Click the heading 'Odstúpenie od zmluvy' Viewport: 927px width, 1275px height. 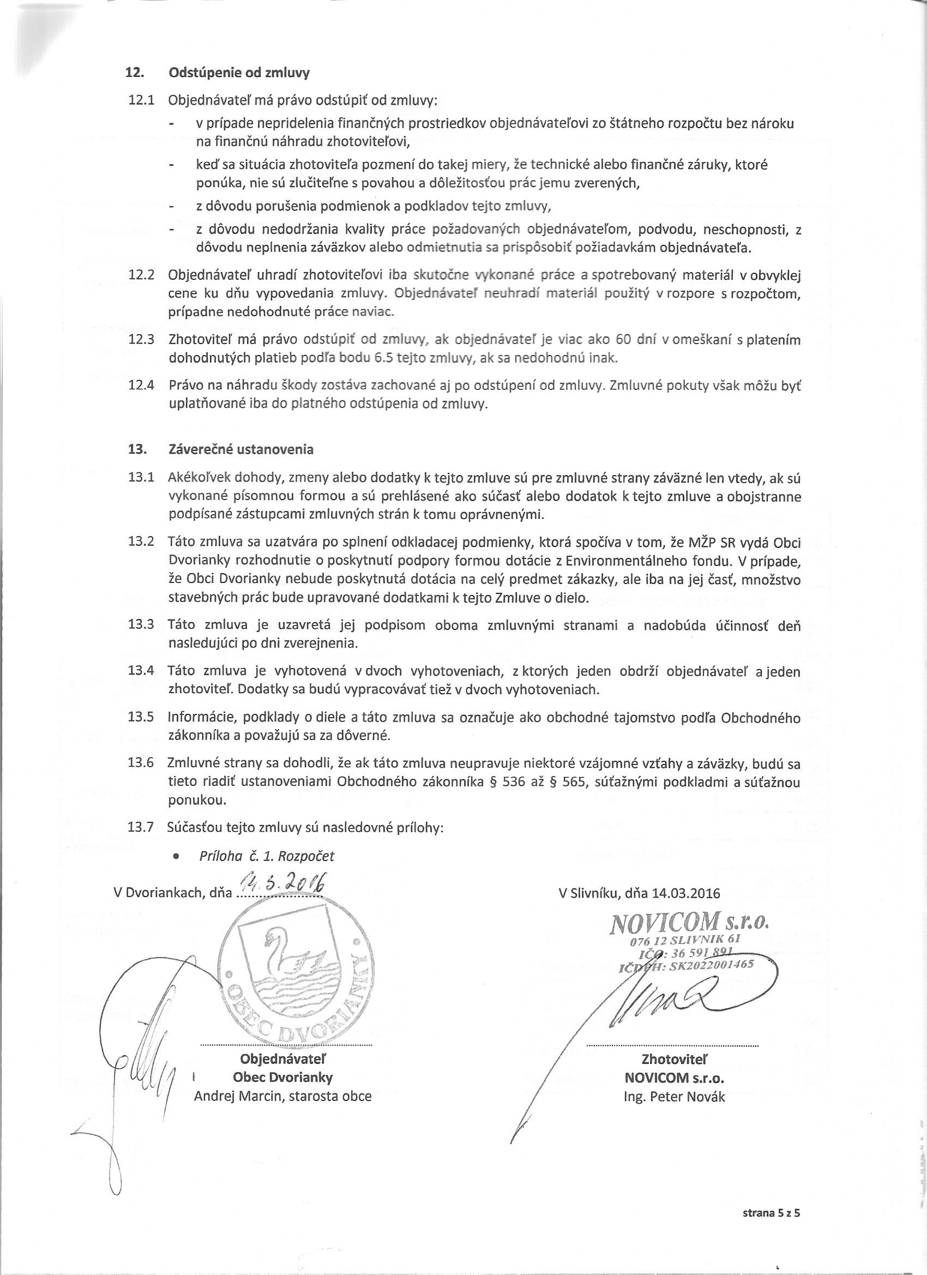pos(239,73)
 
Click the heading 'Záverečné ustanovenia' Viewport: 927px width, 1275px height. pos(240,450)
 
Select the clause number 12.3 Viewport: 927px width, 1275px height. pos(141,340)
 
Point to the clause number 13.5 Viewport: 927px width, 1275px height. pos(141,717)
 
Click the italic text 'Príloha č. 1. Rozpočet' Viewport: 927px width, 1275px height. pos(267,856)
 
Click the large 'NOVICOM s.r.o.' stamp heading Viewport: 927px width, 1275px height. pos(689,923)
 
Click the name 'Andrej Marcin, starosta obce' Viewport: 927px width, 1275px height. pos(282,1096)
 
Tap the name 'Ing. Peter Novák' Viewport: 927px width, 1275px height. pos(675,1096)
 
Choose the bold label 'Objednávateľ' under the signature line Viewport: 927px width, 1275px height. pos(283,1059)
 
